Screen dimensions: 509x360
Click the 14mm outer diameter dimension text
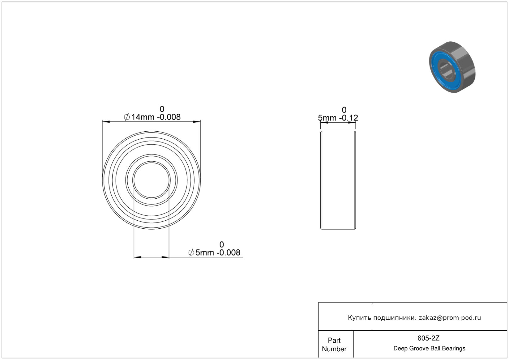pos(143,117)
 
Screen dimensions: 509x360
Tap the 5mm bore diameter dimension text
pos(205,252)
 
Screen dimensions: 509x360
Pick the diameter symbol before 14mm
pos(127,117)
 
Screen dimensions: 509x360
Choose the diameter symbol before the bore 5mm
pos(191,252)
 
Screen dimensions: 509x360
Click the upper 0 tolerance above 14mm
pos(162,109)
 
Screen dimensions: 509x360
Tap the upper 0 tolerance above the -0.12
pos(344,110)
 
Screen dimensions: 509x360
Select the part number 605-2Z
pos(428,338)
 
